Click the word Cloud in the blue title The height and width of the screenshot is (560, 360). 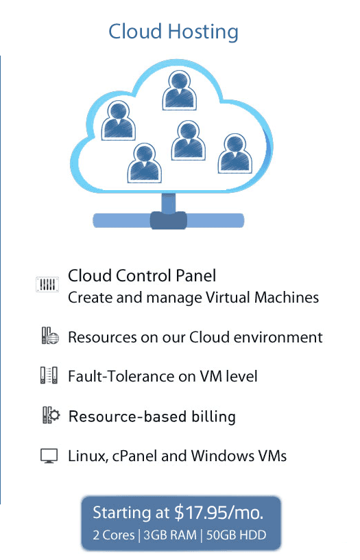coord(136,32)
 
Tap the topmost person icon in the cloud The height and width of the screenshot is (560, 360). coord(179,90)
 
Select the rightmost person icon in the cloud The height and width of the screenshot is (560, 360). coord(235,154)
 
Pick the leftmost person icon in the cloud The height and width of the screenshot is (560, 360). coord(118,120)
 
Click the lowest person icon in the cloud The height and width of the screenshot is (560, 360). coord(144,163)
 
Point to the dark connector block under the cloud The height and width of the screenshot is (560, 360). coord(168,220)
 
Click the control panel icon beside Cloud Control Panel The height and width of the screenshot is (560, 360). coord(47,284)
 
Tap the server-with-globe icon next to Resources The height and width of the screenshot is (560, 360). coord(50,336)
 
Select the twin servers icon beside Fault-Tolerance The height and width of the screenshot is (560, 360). coord(49,375)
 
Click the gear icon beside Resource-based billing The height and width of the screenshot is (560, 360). coord(54,415)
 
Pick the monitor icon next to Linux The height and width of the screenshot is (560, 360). coord(49,456)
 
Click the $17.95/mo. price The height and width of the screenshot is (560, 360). coord(219,513)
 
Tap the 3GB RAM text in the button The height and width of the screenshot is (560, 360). coord(170,535)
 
